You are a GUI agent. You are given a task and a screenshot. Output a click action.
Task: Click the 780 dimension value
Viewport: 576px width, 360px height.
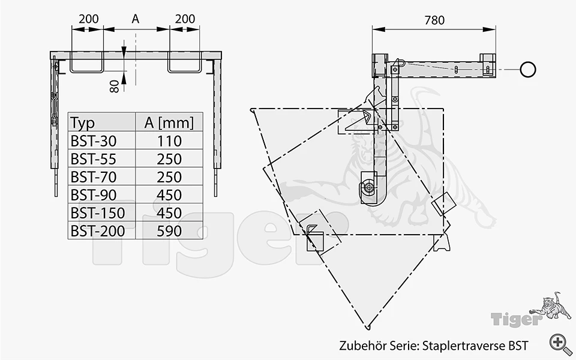(x=434, y=20)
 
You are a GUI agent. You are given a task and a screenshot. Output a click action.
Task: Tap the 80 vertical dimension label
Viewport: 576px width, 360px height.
(x=114, y=86)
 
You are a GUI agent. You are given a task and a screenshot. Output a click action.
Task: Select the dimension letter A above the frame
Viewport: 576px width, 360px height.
(x=136, y=19)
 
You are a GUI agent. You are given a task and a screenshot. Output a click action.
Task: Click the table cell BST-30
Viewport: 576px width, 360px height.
(x=94, y=141)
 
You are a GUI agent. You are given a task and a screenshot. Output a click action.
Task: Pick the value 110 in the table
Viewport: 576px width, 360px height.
(x=169, y=141)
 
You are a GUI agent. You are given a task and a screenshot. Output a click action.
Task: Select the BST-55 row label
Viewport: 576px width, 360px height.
(x=94, y=159)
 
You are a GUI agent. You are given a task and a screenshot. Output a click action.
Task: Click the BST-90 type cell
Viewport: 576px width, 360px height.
(x=94, y=195)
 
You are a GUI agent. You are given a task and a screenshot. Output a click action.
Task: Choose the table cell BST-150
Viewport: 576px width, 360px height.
(x=98, y=213)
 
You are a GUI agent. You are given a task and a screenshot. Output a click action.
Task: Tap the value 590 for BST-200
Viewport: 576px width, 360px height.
(x=169, y=231)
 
